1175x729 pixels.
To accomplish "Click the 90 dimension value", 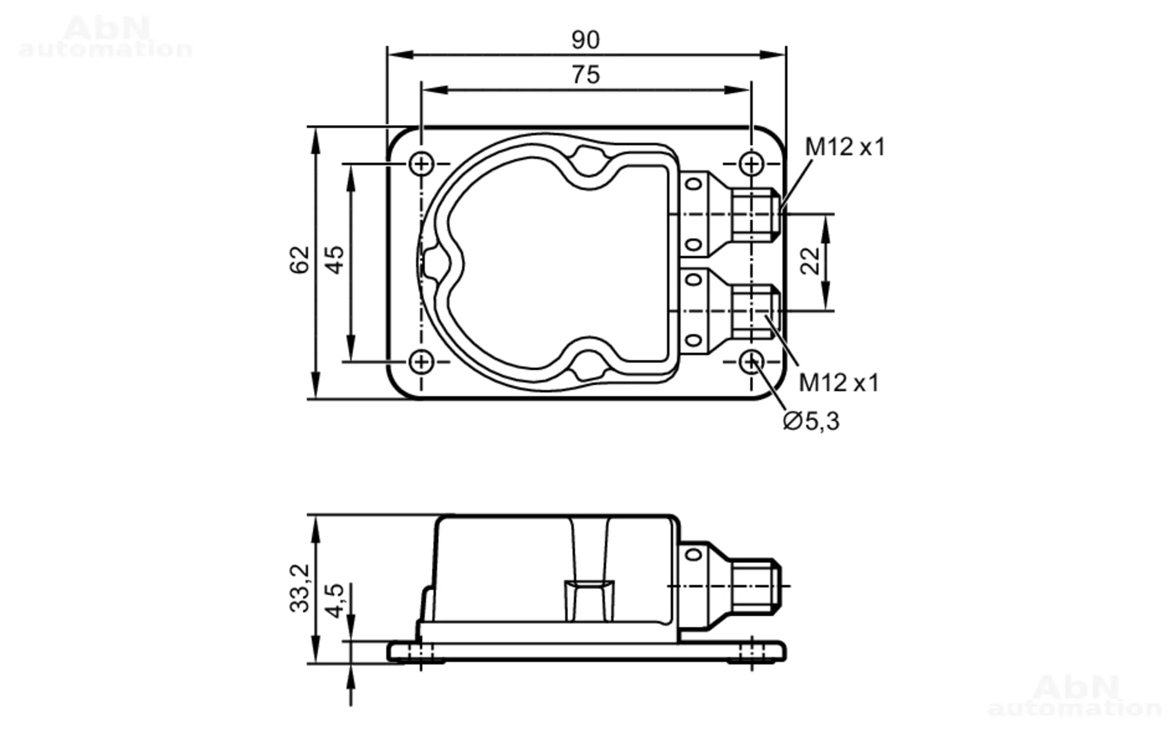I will pyautogui.click(x=585, y=40).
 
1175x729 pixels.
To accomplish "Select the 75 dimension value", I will pyautogui.click(x=585, y=75).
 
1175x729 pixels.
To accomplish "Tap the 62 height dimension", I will pyautogui.click(x=300, y=260).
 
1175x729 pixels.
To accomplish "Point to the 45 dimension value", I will pyautogui.click(x=334, y=260).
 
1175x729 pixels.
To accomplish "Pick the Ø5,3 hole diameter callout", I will pyautogui.click(x=811, y=421).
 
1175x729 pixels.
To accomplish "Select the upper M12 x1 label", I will pyautogui.click(x=844, y=147).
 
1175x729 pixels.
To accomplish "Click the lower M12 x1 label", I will pyautogui.click(x=838, y=383).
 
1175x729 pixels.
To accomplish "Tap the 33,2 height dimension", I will pyautogui.click(x=300, y=588).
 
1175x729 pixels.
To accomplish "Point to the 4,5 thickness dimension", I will pyautogui.click(x=334, y=600).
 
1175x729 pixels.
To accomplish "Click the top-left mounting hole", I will pyautogui.click(x=421, y=163).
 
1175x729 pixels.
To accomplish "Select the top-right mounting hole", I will pyautogui.click(x=751, y=163).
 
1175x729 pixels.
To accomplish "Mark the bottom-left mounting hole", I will pyautogui.click(x=421, y=362).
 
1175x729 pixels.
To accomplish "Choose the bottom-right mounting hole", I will pyautogui.click(x=751, y=362).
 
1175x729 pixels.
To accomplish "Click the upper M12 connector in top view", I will pyautogui.click(x=756, y=214).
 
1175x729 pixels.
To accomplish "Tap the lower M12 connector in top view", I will pyautogui.click(x=756, y=311).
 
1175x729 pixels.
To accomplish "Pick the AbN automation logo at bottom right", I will pyautogui.click(x=1075, y=696).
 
